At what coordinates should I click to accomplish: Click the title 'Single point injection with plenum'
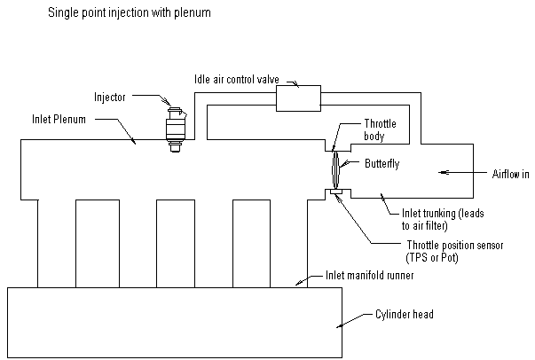tap(130, 15)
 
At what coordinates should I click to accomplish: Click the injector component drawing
tap(177, 128)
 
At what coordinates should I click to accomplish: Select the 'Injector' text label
tap(110, 97)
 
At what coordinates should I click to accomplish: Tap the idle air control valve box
tap(299, 98)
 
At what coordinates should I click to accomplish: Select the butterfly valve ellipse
tap(334, 166)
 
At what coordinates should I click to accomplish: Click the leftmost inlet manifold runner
tap(57, 244)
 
